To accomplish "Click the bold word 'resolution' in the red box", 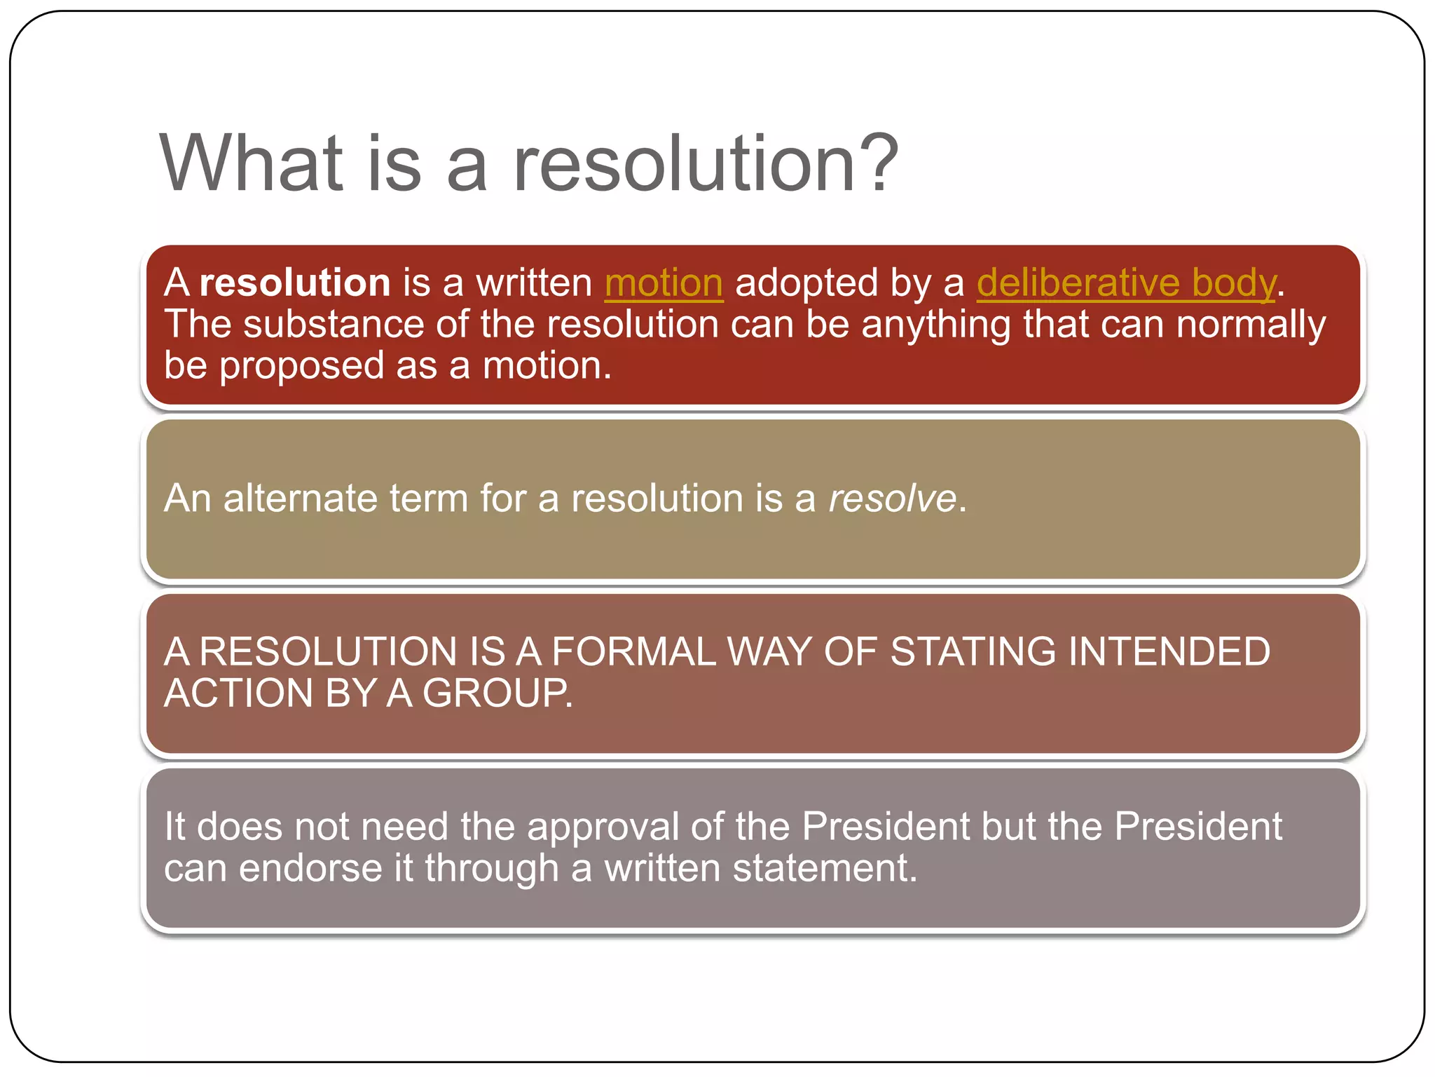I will [x=294, y=283].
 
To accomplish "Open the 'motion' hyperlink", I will [x=664, y=283].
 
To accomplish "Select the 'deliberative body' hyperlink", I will [x=1126, y=283].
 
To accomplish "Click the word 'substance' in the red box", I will [x=334, y=325].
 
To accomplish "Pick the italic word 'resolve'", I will [x=892, y=499].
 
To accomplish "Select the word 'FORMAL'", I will [x=633, y=651].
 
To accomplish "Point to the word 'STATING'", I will [x=973, y=651].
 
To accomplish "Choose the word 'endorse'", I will [x=310, y=868].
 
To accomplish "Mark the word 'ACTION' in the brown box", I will [x=238, y=693].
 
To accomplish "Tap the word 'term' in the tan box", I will [x=428, y=499].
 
